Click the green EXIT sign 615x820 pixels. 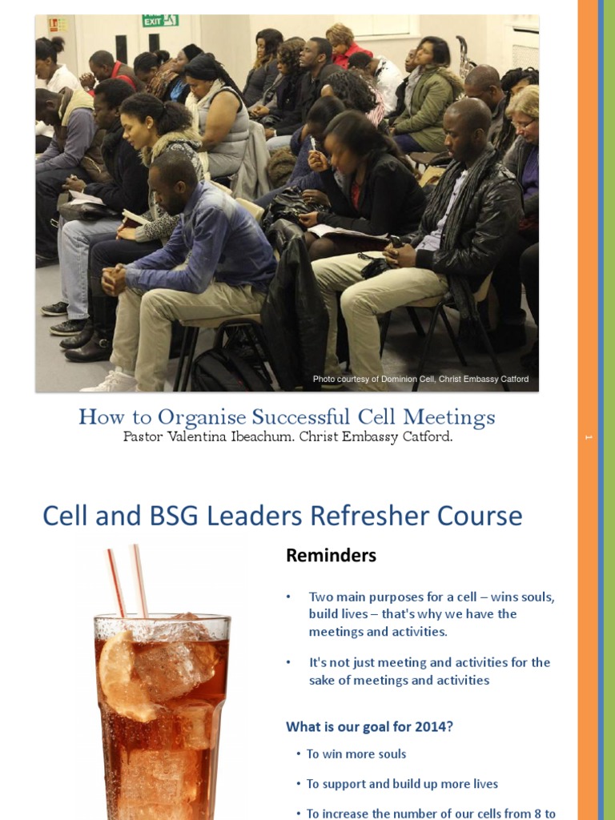coord(160,21)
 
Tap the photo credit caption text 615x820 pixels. coord(420,380)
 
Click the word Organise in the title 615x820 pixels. coord(201,417)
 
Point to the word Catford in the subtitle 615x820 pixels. coord(424,437)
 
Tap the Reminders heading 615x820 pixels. coord(331,556)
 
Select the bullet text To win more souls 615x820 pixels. coord(356,754)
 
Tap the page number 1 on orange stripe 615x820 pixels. coord(588,437)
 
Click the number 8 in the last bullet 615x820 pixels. coord(531,813)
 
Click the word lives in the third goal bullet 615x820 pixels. coord(480,784)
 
